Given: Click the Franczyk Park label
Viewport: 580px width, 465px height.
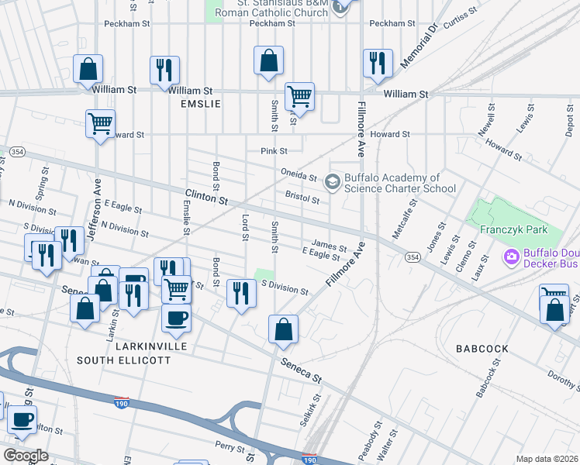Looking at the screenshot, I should (x=513, y=229).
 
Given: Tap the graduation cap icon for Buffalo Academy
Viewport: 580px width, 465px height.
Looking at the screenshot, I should (x=333, y=182).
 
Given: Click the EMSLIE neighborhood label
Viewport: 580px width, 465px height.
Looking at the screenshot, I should (x=200, y=104).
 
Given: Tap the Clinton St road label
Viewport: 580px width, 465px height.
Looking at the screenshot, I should (x=205, y=198).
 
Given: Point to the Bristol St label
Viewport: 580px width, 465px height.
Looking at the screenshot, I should (x=302, y=198).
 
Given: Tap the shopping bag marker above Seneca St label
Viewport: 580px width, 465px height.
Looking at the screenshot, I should (x=284, y=329).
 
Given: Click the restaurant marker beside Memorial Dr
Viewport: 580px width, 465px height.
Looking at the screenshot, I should (x=378, y=63).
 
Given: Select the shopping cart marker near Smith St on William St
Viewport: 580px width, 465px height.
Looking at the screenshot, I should (x=299, y=98).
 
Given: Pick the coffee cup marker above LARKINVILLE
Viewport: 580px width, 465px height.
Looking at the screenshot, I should (x=177, y=318).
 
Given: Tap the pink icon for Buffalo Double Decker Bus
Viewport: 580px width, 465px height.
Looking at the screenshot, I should (x=511, y=257).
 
